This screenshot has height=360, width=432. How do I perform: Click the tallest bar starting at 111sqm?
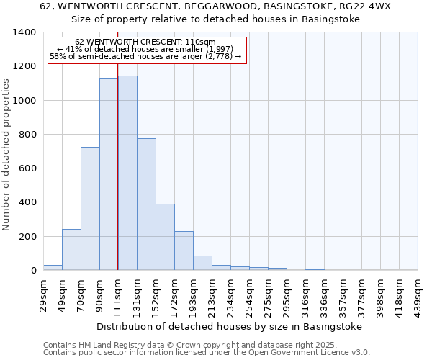click(x=127, y=173)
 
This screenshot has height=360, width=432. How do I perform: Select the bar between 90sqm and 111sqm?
click(x=109, y=174)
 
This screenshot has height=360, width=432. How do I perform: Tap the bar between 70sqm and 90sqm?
click(x=90, y=209)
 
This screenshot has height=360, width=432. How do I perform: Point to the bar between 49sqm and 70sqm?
click(x=71, y=250)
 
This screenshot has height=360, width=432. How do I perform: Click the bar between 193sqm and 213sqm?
click(x=202, y=263)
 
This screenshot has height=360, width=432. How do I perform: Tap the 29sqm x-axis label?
click(x=43, y=293)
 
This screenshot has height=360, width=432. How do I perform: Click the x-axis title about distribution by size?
click(x=229, y=326)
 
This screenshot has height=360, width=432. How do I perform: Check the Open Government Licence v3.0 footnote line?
click(x=207, y=353)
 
